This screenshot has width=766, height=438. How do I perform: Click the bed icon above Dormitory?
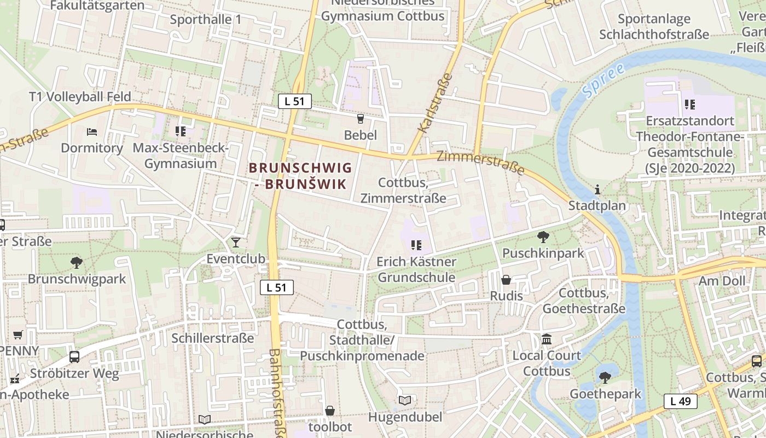click(x=92, y=132)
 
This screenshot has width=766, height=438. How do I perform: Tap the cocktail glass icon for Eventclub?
click(x=236, y=243)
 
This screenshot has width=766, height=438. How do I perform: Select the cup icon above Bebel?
click(x=360, y=118)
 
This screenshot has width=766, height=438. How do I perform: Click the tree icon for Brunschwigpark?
click(x=77, y=263)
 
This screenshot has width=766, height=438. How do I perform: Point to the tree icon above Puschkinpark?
click(x=543, y=237)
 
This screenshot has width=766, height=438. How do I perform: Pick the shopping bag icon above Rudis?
click(x=506, y=280)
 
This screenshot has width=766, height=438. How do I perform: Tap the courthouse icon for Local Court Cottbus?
click(x=546, y=339)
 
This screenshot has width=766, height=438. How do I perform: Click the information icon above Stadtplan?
click(x=597, y=190)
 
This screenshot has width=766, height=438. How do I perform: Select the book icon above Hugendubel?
click(x=405, y=401)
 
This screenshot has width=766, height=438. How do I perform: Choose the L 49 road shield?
click(x=681, y=401)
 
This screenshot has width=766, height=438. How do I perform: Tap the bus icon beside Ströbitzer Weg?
click(x=74, y=357)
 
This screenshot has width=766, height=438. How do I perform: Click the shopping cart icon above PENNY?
click(x=18, y=335)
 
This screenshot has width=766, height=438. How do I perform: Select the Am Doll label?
click(x=722, y=281)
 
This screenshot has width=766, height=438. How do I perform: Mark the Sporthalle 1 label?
click(x=205, y=20)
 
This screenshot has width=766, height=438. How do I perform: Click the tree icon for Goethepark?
click(x=605, y=377)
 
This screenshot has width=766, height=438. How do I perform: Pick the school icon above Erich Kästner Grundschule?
click(x=416, y=245)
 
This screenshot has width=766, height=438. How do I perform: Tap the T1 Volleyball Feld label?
click(x=80, y=97)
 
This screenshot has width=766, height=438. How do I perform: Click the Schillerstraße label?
click(x=213, y=338)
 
